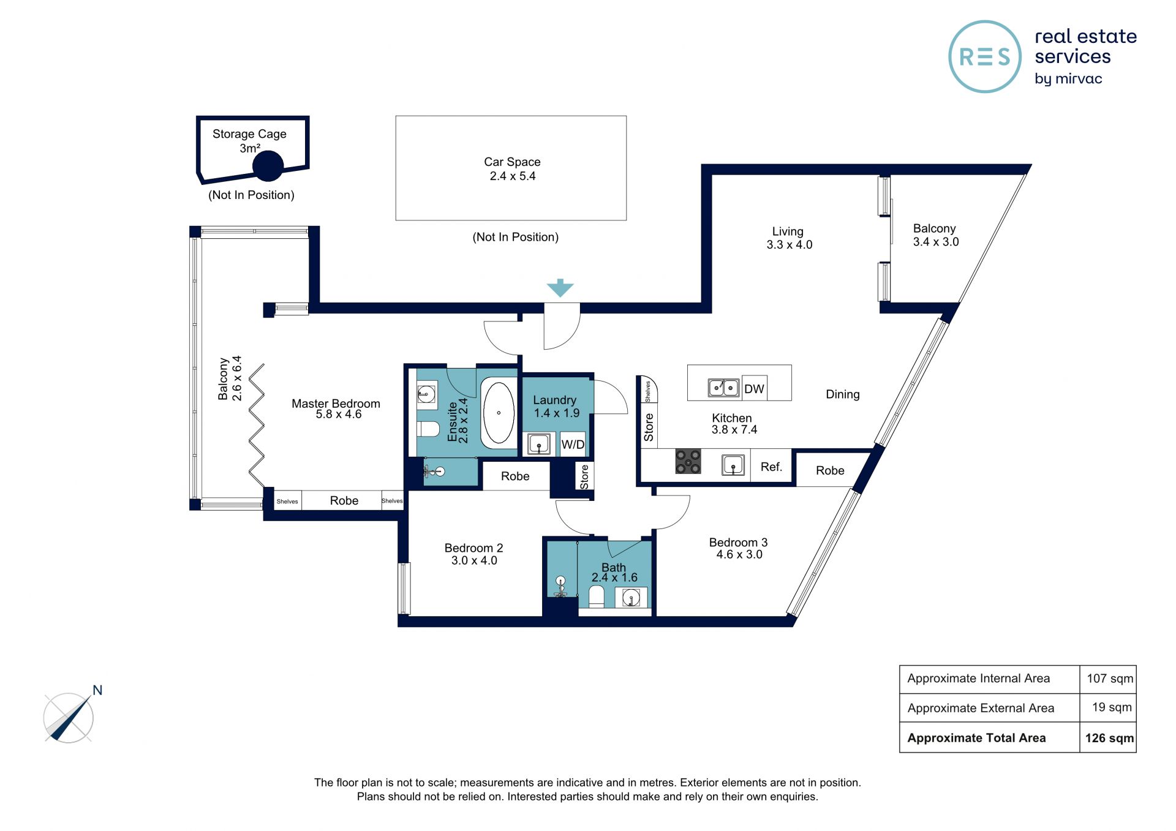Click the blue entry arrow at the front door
pos(560,288)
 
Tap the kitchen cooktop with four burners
pos(688,462)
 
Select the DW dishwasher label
pos(754,389)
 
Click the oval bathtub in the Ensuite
pos(499,413)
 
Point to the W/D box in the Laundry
pos(573,445)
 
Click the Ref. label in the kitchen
pos(771,467)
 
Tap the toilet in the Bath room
pos(596,596)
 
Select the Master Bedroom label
pos(336,404)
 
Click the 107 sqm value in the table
pos(1110,679)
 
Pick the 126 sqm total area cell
pos(1109,738)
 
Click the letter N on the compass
pos(97,690)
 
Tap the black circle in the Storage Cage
pos(268,165)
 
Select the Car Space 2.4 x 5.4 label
pos(512,169)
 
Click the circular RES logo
pos(985,57)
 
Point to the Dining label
pos(843,394)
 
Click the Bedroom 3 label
pos(738,543)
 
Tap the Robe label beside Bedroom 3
pos(830,470)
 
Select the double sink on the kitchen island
pos(723,388)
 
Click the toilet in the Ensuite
pos(428,429)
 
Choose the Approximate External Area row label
pos(981,708)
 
